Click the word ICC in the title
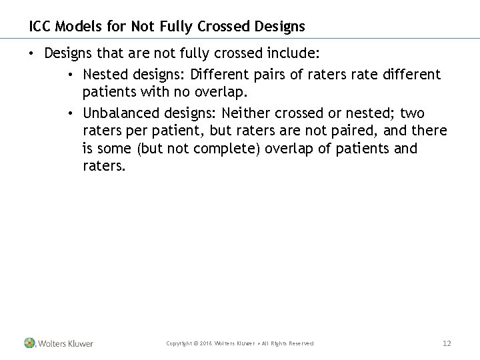tap(39, 27)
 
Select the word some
tap(111, 148)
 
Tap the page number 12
tap(447, 343)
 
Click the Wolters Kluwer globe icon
tap(29, 343)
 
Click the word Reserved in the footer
tap(300, 344)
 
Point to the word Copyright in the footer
tap(181, 344)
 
